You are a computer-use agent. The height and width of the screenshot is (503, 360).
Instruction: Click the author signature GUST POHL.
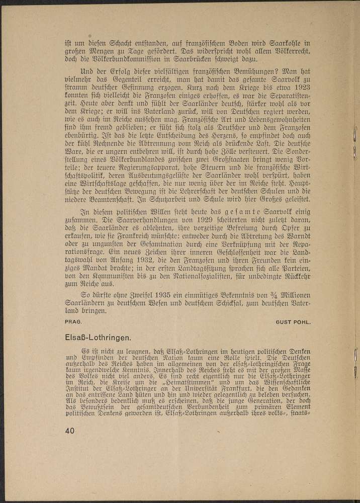tap(295, 320)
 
